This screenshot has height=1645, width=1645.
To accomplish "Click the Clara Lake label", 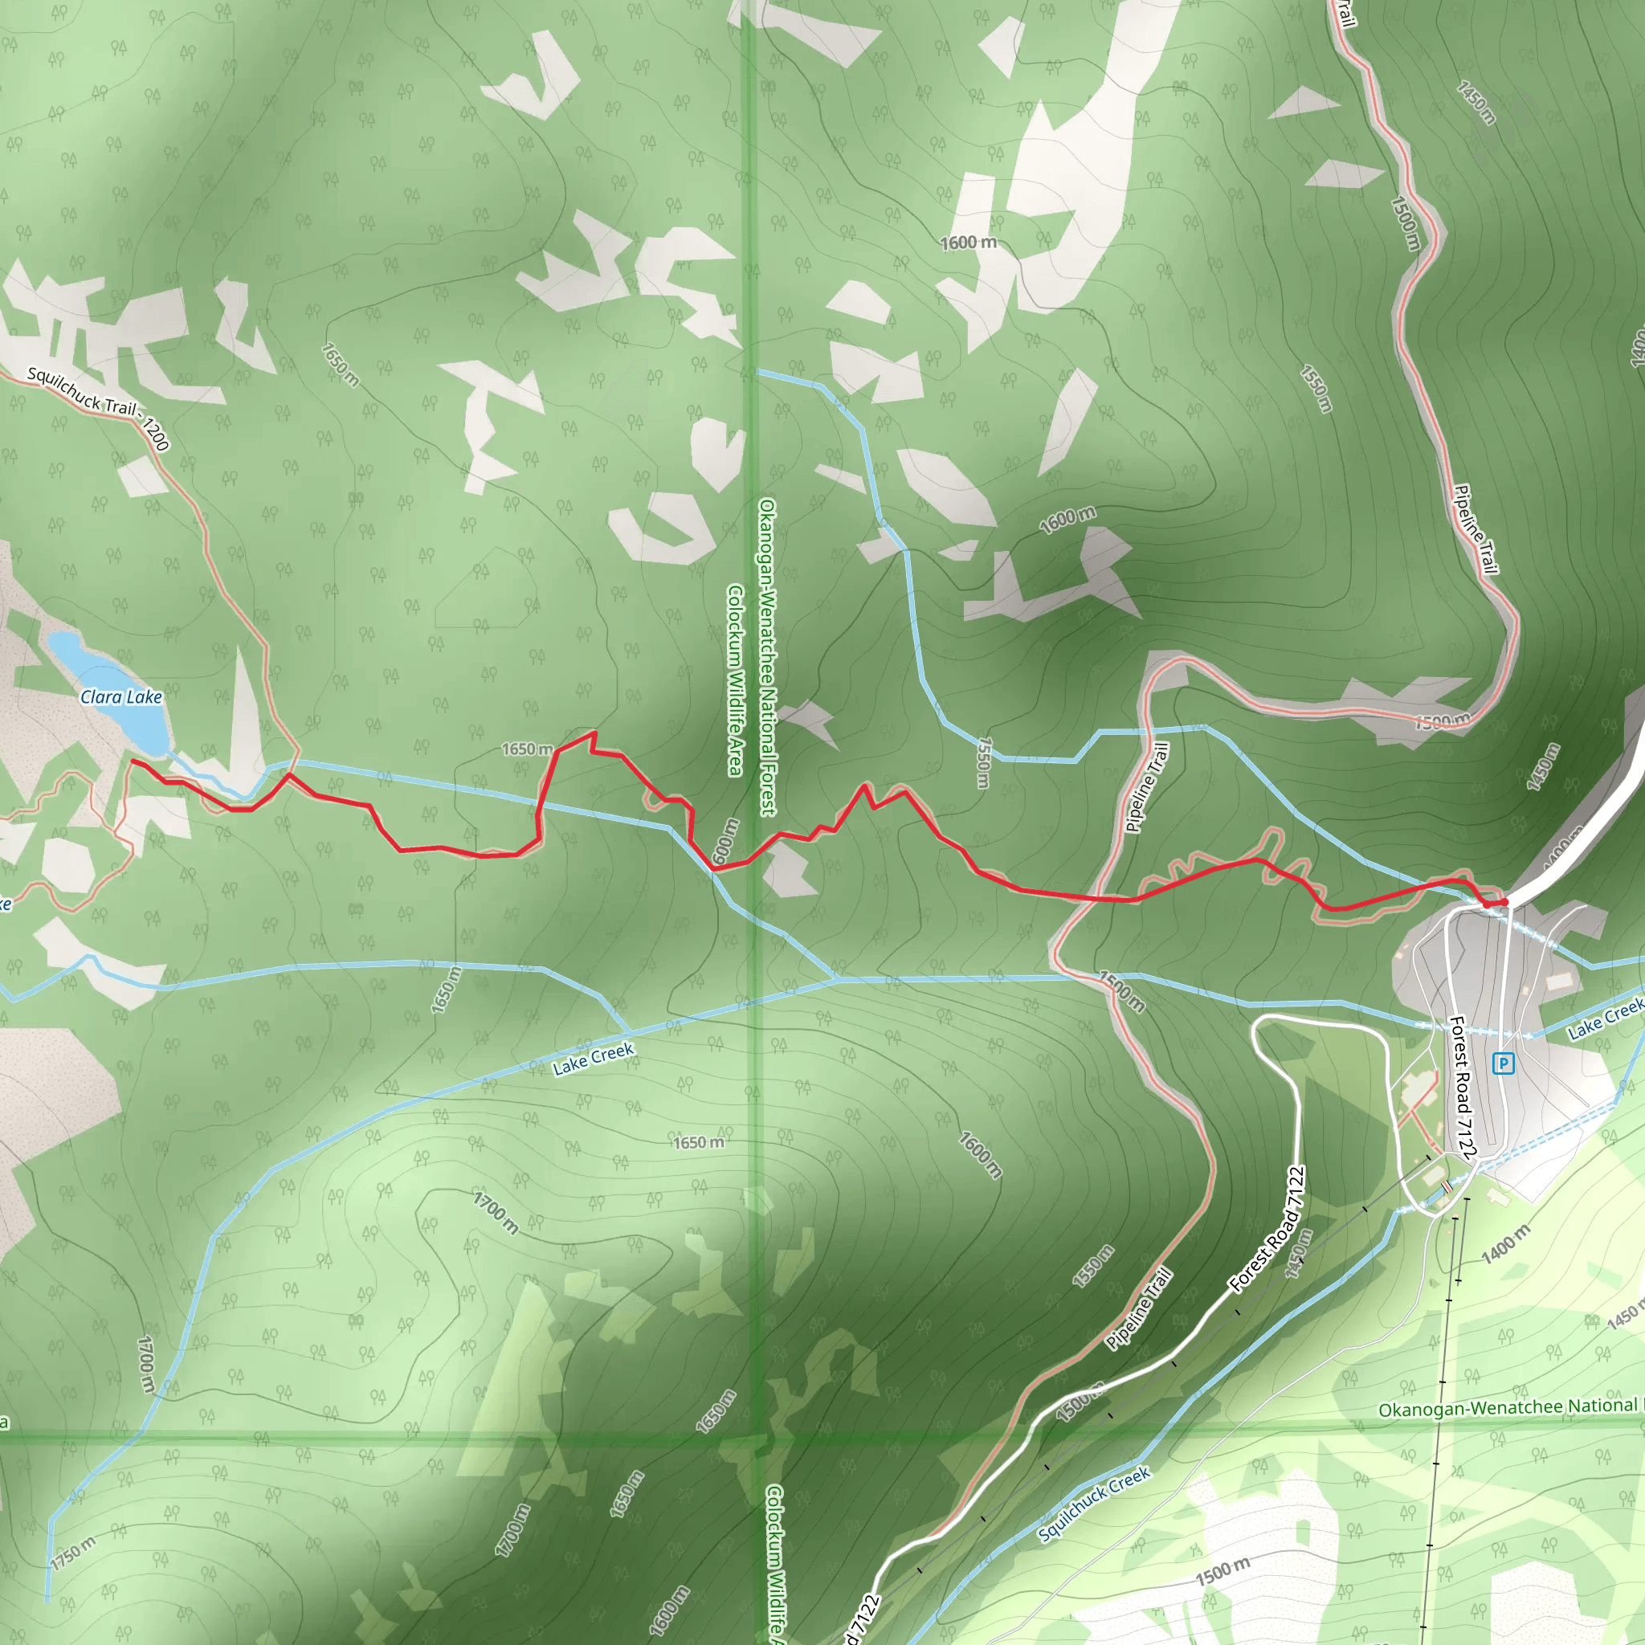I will tap(121, 697).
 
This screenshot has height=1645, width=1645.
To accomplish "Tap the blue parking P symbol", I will tap(1504, 1063).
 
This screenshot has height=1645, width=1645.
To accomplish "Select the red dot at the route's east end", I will tap(1504, 903).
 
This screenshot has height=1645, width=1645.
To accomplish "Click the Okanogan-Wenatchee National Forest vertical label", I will tap(767, 656).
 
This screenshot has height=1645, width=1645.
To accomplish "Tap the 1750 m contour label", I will tap(72, 1552).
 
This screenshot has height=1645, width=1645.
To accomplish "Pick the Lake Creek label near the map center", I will tap(594, 1059).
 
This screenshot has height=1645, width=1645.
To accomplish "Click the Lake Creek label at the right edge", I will tap(1606, 1019).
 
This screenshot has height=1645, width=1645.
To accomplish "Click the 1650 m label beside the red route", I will tap(527, 749).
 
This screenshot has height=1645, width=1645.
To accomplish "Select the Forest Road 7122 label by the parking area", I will tap(1461, 1088).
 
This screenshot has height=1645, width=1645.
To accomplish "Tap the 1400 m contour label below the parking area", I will tap(1505, 1244).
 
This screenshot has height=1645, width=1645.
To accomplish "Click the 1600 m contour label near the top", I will tap(968, 243).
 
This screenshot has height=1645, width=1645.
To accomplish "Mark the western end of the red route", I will tap(133, 761).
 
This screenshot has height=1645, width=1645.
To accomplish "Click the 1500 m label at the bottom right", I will tap(1223, 1572).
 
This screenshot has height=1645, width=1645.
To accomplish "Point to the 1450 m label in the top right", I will tap(1476, 103).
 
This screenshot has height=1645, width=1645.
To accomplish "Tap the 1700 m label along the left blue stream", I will tap(145, 1364).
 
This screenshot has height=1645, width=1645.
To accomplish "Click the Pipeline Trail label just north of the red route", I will tap(1147, 786).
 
